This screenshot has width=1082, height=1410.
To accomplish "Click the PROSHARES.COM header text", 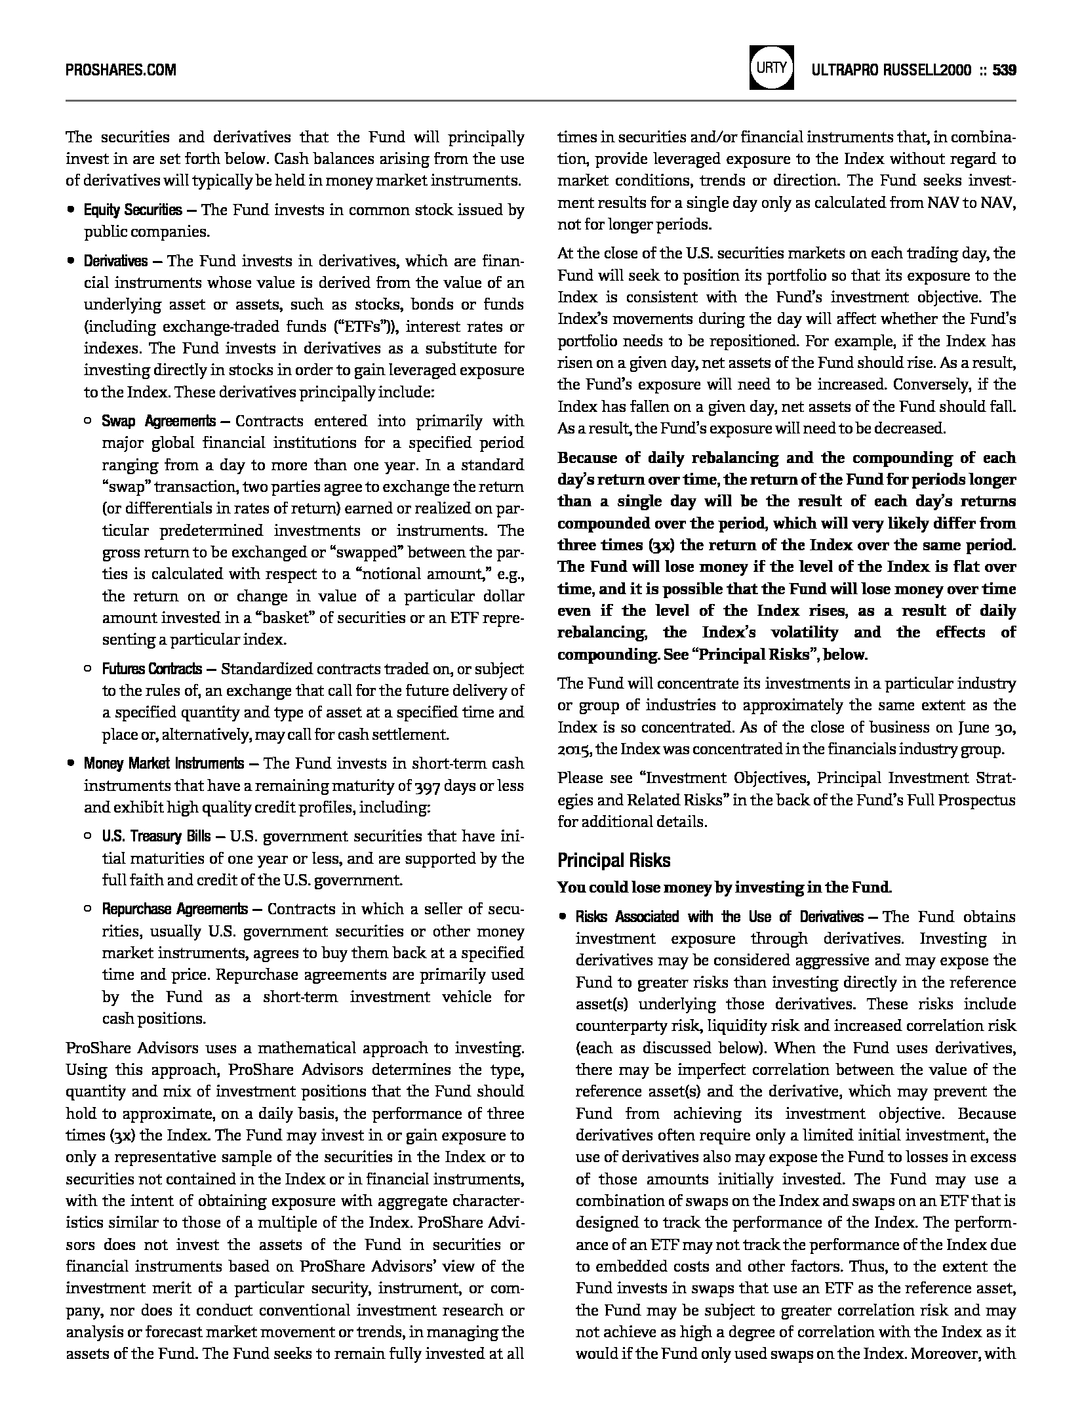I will click(121, 70).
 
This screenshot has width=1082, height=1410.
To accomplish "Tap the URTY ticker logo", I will click(771, 67).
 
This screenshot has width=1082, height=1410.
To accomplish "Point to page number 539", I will click(1004, 70).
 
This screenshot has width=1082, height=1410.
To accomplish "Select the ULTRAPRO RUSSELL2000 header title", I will click(891, 70).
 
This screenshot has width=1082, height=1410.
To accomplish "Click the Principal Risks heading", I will click(614, 860).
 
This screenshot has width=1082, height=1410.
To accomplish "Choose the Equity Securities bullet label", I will click(132, 210).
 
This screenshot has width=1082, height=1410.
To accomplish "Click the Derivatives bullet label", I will click(115, 261).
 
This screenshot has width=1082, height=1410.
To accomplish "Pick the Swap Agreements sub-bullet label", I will click(158, 421).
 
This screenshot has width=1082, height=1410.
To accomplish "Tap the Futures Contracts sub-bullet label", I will click(151, 669).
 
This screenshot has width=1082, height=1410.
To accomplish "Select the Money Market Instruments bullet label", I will click(163, 763).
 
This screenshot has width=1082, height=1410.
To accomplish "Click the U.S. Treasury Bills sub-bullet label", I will click(156, 836).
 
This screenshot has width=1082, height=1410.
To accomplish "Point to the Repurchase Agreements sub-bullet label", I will click(174, 909).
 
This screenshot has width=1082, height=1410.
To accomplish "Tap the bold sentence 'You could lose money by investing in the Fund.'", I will click(724, 888).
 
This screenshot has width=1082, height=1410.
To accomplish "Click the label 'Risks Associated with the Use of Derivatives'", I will click(719, 916).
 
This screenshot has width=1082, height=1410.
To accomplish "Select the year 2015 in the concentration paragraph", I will click(574, 749).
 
